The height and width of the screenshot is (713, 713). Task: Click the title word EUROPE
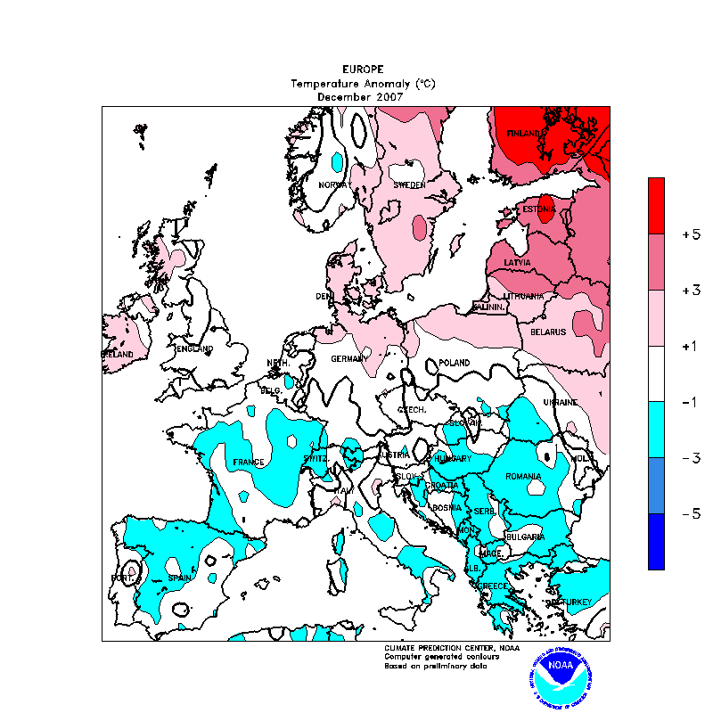coord(363,69)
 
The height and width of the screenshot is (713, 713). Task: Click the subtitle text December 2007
coord(361,96)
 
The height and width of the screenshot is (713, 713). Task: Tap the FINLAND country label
coord(525,134)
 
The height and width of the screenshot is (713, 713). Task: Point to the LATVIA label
coord(517,263)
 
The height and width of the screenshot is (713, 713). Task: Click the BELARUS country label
coord(549,332)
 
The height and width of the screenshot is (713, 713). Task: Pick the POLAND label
coord(455,364)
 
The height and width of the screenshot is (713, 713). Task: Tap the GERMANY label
coord(349,359)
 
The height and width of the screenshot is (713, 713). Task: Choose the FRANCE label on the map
coord(249,462)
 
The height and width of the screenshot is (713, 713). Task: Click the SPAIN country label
coord(181,578)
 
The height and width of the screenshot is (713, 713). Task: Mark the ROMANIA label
coord(523,477)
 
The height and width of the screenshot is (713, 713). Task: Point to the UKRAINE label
coord(561,403)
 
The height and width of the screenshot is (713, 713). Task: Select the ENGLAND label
coord(195,348)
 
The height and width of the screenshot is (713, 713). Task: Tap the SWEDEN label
coord(409,185)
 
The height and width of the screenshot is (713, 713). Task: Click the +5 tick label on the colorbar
coord(690,234)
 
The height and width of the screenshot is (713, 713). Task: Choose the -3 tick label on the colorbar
coord(690,458)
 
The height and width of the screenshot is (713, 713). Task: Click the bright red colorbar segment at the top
coord(656,205)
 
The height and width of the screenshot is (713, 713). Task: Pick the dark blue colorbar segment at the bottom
coord(656,541)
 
